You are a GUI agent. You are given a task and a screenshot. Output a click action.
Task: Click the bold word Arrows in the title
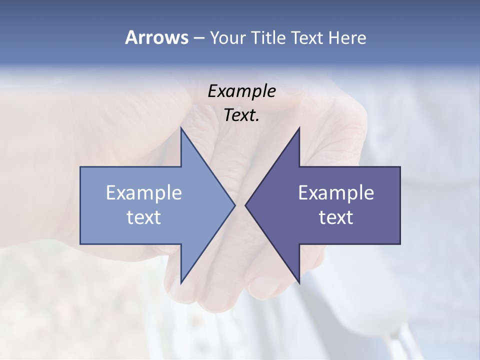click(156, 37)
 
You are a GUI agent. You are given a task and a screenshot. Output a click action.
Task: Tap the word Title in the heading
click(269, 37)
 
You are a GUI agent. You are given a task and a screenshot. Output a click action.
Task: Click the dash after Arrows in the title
click(198, 38)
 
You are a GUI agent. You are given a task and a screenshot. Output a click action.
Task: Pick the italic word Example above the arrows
click(241, 91)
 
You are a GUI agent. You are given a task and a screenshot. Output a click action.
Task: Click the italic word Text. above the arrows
click(241, 115)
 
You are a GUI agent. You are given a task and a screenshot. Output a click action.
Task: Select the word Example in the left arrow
click(144, 193)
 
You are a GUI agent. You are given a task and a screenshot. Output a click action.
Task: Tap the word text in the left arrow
click(144, 217)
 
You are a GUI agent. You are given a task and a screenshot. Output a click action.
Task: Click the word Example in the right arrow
click(336, 193)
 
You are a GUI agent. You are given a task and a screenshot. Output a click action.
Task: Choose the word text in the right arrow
click(336, 217)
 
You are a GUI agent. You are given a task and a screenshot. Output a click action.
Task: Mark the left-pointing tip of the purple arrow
click(246, 205)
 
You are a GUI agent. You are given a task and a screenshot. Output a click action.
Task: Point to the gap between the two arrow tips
click(240, 205)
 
